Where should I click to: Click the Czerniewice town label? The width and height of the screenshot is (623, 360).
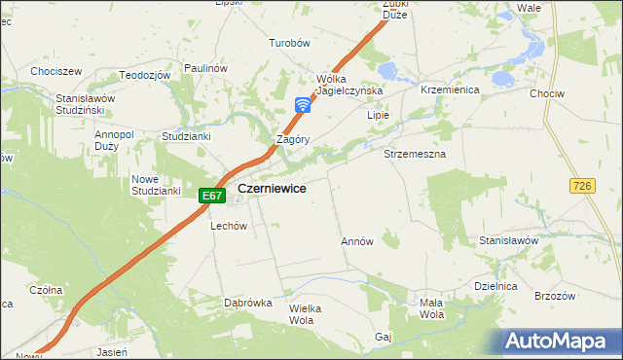[275, 190]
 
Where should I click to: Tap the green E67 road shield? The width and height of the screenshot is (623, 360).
[213, 196]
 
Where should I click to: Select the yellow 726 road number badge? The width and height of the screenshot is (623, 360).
[583, 185]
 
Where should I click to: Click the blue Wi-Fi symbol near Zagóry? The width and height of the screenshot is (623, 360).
[303, 104]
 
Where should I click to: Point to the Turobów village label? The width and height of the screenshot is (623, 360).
[289, 43]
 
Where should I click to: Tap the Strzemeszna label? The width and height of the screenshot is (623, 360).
[415, 154]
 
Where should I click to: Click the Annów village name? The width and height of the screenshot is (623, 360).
[357, 240]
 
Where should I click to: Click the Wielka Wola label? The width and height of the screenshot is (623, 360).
[305, 313]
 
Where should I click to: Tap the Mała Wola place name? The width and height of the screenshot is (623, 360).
[431, 308]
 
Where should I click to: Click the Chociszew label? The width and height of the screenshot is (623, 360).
[55, 71]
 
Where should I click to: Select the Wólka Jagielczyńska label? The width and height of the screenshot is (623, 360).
[349, 85]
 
